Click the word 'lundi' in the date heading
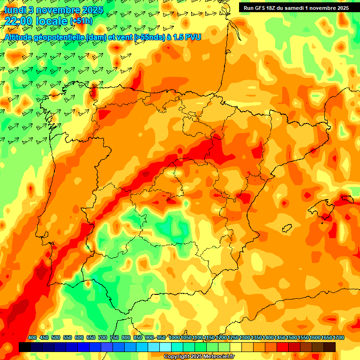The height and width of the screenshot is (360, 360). coord(15,9)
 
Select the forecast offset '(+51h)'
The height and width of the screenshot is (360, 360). coord(81,22)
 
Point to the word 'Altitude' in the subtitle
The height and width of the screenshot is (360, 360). coord(20,37)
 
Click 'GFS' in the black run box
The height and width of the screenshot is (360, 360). coord(260,8)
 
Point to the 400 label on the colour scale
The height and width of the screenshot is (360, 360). coord(32,338)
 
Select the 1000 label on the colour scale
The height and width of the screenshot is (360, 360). coord(174,338)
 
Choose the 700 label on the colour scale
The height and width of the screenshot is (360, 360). coord(103,338)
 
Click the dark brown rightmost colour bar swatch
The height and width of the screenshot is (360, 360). coord(330,347)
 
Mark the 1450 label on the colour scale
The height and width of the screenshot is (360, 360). coord(280,338)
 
